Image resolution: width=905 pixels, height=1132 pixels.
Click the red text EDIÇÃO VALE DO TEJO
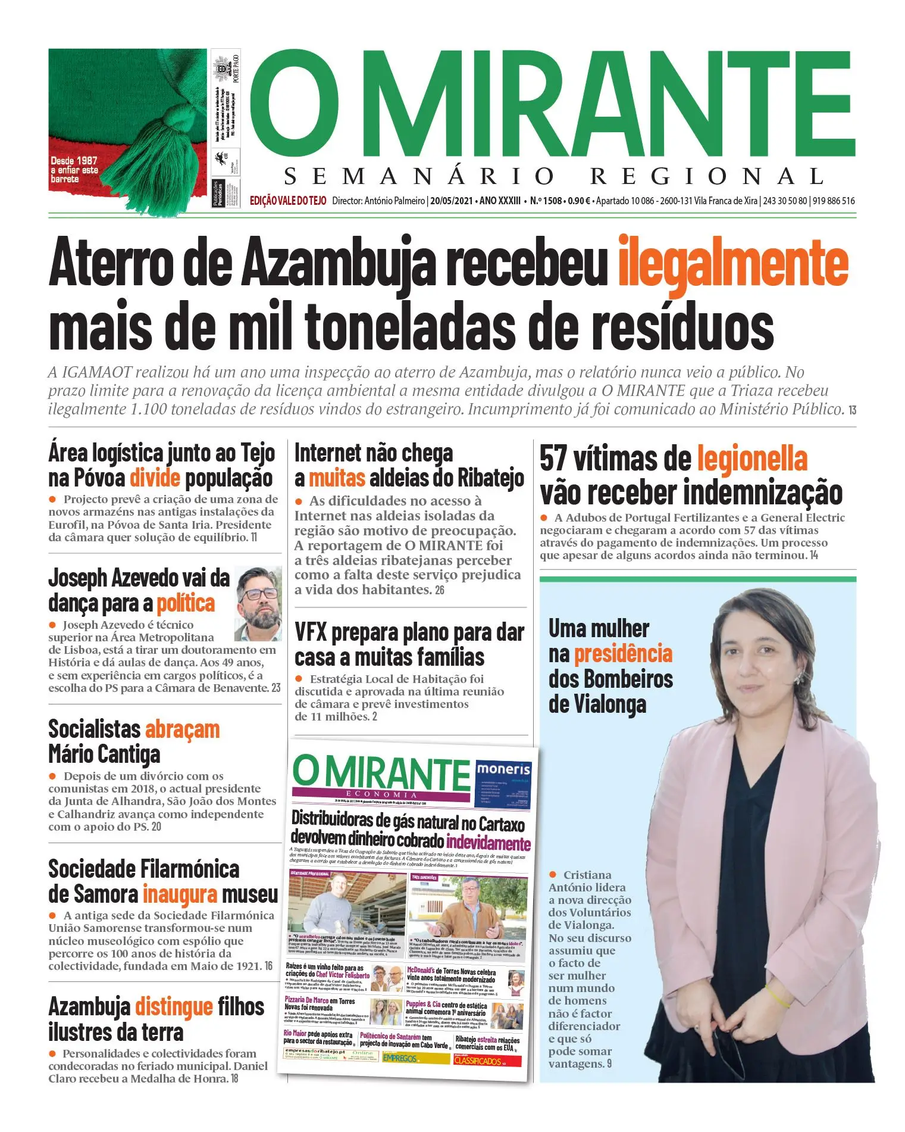288,201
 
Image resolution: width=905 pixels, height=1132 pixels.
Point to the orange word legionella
752,459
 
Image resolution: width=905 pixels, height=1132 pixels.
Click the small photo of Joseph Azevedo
258,603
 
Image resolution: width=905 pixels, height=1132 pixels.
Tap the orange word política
185,604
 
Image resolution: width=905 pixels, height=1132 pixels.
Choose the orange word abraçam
182,729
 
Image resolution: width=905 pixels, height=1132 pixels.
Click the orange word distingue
174,1007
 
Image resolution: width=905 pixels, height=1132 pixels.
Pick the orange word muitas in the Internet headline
337,478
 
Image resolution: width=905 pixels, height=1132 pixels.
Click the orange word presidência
623,654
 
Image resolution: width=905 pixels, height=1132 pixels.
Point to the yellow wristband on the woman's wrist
776,995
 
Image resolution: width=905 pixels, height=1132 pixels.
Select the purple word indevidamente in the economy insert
488,843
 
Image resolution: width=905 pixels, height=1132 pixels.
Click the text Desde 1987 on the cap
74,161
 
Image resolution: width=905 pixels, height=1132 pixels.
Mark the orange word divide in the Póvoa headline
155,478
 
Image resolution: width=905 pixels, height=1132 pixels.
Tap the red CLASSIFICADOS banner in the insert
487,1061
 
